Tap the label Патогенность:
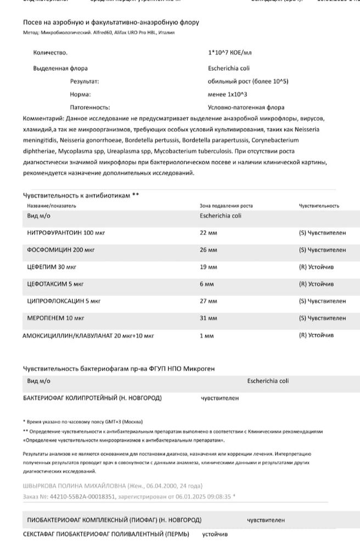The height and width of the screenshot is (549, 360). click(90, 108)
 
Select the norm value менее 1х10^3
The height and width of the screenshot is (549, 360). click(228, 94)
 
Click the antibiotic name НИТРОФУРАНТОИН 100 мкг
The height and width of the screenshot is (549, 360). click(66, 233)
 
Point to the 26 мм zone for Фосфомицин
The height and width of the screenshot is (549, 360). click(209, 250)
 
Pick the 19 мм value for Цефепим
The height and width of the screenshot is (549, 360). click(209, 267)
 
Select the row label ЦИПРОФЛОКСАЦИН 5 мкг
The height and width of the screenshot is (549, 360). click(64, 301)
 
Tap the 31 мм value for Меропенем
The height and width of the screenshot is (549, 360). click(209, 318)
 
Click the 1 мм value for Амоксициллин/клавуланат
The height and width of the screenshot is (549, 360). click(207, 335)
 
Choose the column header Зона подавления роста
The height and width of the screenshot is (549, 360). click(226, 206)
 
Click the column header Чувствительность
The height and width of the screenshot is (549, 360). click(319, 206)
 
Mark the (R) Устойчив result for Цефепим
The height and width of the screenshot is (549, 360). click(316, 267)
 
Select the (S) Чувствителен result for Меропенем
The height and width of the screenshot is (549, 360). click(322, 318)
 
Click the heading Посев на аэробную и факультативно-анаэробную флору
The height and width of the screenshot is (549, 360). click(111, 23)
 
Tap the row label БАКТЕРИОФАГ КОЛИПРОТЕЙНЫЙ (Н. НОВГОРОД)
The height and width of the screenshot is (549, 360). click(92, 398)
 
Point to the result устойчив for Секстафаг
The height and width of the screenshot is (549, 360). click(215, 534)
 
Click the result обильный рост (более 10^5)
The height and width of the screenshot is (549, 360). click(248, 81)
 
